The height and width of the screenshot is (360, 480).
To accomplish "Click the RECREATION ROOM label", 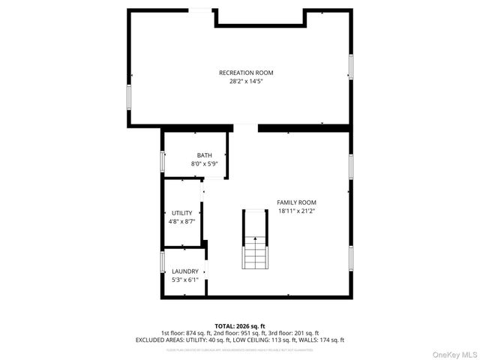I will [246, 73].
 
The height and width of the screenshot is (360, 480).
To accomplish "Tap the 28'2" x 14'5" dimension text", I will [246, 81].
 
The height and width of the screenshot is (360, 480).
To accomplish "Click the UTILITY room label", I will [181, 213].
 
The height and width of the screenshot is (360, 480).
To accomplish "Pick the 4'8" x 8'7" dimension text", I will [181, 221].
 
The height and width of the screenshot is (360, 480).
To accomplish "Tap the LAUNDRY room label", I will [185, 271].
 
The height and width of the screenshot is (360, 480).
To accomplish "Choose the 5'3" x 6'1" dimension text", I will [185, 280].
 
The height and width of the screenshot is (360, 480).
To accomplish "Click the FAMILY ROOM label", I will [297, 202].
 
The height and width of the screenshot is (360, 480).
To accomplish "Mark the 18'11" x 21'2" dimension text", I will [297, 211].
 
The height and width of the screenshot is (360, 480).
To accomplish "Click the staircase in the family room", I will [254, 240].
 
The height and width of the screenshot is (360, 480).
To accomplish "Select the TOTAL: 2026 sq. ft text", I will [239, 325].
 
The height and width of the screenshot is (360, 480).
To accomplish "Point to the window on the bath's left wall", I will [162, 160].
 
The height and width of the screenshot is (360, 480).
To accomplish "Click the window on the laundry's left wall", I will [162, 262].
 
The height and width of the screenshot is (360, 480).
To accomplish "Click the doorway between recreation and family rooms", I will [246, 127].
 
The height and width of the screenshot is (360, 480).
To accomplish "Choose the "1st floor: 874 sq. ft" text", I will [185, 332].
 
